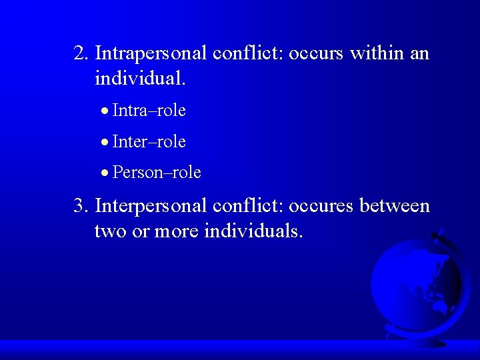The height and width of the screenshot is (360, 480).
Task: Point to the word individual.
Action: pyautogui.click(x=141, y=79)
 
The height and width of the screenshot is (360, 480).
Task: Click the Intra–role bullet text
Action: pyautogui.click(x=149, y=110)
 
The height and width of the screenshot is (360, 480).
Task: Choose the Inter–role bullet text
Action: pyautogui.click(x=149, y=141)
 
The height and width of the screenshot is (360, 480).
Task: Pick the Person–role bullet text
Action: pyautogui.click(x=157, y=173)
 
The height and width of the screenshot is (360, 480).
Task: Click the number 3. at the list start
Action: pyautogui.click(x=82, y=206)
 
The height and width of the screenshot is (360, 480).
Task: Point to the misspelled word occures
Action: pyautogui.click(x=323, y=206)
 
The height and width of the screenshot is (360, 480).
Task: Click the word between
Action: pyautogui.click(x=395, y=206)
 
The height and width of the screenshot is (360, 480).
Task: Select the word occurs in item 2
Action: pyautogui.click(x=315, y=53)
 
